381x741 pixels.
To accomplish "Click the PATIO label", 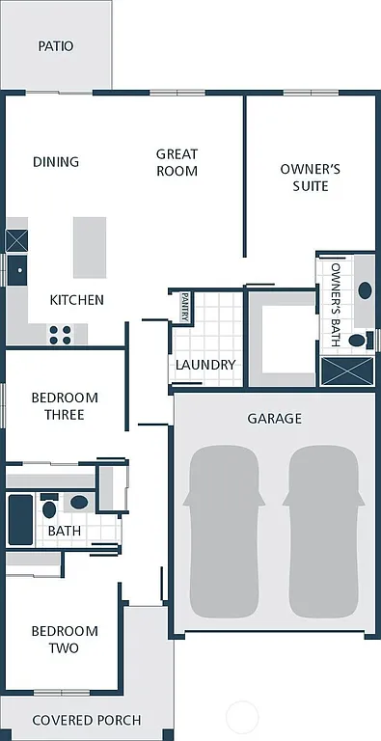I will tap(55, 46).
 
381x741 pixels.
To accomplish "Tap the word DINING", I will tap(56, 161).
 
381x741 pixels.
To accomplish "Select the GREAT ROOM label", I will tap(177, 162).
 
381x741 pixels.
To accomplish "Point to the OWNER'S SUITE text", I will tap(310, 177).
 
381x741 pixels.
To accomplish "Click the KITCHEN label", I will tap(76, 300).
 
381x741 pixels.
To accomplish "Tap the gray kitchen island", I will tap(90, 247).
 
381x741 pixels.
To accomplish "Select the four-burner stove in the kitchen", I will tap(60, 334).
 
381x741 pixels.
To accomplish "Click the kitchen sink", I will tap(17, 269).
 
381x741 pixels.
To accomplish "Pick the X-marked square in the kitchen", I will tap(17, 240).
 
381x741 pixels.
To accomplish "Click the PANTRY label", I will tap(184, 308).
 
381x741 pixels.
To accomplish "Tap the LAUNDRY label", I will tap(205, 365).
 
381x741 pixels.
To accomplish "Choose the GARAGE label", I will tap(274, 418).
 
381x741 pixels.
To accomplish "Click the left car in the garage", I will tap(224, 531).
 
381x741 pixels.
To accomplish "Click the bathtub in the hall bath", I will tap(20, 518).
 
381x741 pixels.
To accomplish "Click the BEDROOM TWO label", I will tap(65, 639).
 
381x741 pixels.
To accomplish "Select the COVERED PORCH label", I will tap(87, 720).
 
